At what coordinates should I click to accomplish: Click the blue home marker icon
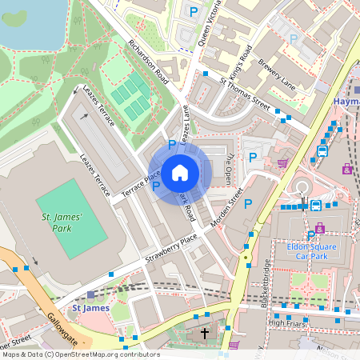tap(179, 171)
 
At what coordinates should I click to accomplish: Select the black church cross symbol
tap(205, 332)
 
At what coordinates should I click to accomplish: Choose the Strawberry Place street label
tap(170, 250)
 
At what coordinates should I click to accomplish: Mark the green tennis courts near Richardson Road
tap(130, 94)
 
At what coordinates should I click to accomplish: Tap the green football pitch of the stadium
tap(70, 218)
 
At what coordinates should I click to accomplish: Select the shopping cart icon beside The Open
tap(282, 162)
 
